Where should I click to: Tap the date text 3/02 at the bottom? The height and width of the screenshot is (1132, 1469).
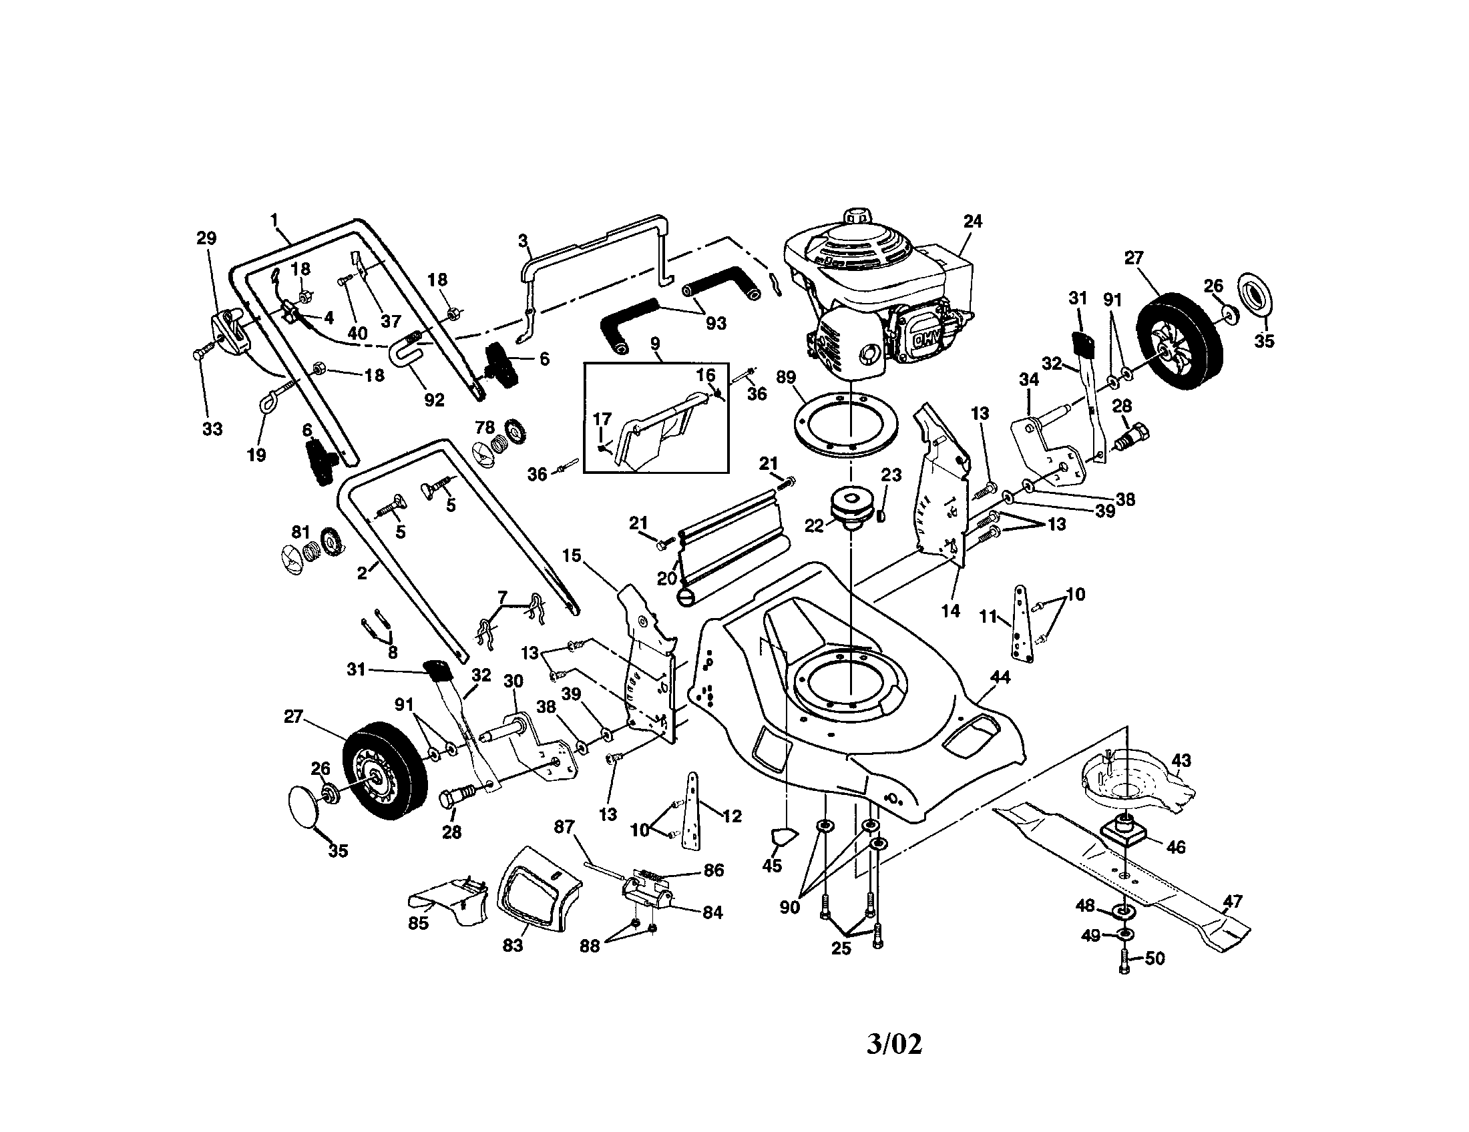click(x=894, y=1044)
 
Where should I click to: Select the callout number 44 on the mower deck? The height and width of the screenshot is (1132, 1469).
click(x=1000, y=677)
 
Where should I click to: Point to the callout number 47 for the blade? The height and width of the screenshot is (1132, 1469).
click(x=1232, y=901)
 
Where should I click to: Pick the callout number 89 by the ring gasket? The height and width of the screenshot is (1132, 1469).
click(x=786, y=377)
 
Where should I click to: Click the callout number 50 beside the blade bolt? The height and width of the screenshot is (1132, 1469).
click(x=1155, y=958)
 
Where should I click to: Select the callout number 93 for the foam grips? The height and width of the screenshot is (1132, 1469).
click(x=716, y=323)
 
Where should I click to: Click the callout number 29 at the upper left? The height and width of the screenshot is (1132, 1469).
click(x=206, y=238)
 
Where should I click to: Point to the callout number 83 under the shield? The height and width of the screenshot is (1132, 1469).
click(x=513, y=945)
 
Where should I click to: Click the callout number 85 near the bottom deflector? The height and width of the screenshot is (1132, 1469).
click(x=418, y=924)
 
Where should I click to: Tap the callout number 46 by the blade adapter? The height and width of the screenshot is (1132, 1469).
click(x=1175, y=847)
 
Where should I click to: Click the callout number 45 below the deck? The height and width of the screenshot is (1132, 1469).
click(x=771, y=866)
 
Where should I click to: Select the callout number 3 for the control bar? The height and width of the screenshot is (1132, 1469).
click(x=523, y=241)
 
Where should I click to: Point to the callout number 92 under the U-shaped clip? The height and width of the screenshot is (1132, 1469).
click(x=434, y=399)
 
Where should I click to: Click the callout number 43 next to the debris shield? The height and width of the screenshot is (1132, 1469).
click(x=1181, y=760)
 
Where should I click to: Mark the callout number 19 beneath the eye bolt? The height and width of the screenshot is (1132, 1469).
click(x=256, y=455)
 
